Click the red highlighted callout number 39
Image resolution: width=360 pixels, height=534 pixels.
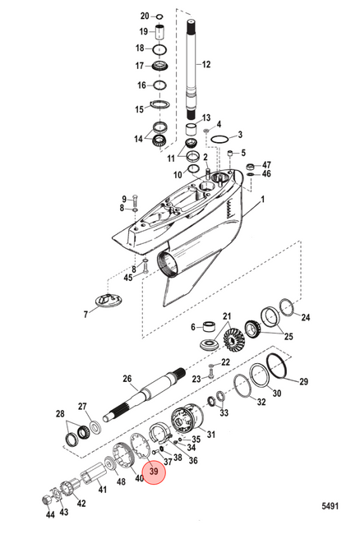[x=154, y=472]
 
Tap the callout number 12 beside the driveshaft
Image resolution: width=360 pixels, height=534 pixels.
[x=206, y=64]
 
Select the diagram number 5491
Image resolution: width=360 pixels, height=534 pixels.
[x=330, y=506]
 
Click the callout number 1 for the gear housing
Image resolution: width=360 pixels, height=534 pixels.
[x=262, y=200]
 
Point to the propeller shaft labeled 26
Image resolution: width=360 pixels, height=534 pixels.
[x=144, y=394]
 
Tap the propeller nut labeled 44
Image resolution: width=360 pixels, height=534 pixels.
[x=46, y=500]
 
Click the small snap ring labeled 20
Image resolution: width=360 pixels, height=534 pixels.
[x=159, y=16]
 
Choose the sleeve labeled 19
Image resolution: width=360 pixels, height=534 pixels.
[x=160, y=32]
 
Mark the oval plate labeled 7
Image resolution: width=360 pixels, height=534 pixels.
[x=108, y=300]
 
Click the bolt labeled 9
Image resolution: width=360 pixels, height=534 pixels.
[x=136, y=198]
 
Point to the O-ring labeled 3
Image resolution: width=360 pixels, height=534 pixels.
[x=219, y=139]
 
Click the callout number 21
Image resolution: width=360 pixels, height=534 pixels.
[x=227, y=316]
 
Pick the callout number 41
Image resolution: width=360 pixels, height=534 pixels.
[x=103, y=490]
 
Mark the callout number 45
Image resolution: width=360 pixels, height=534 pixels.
[x=127, y=278]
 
